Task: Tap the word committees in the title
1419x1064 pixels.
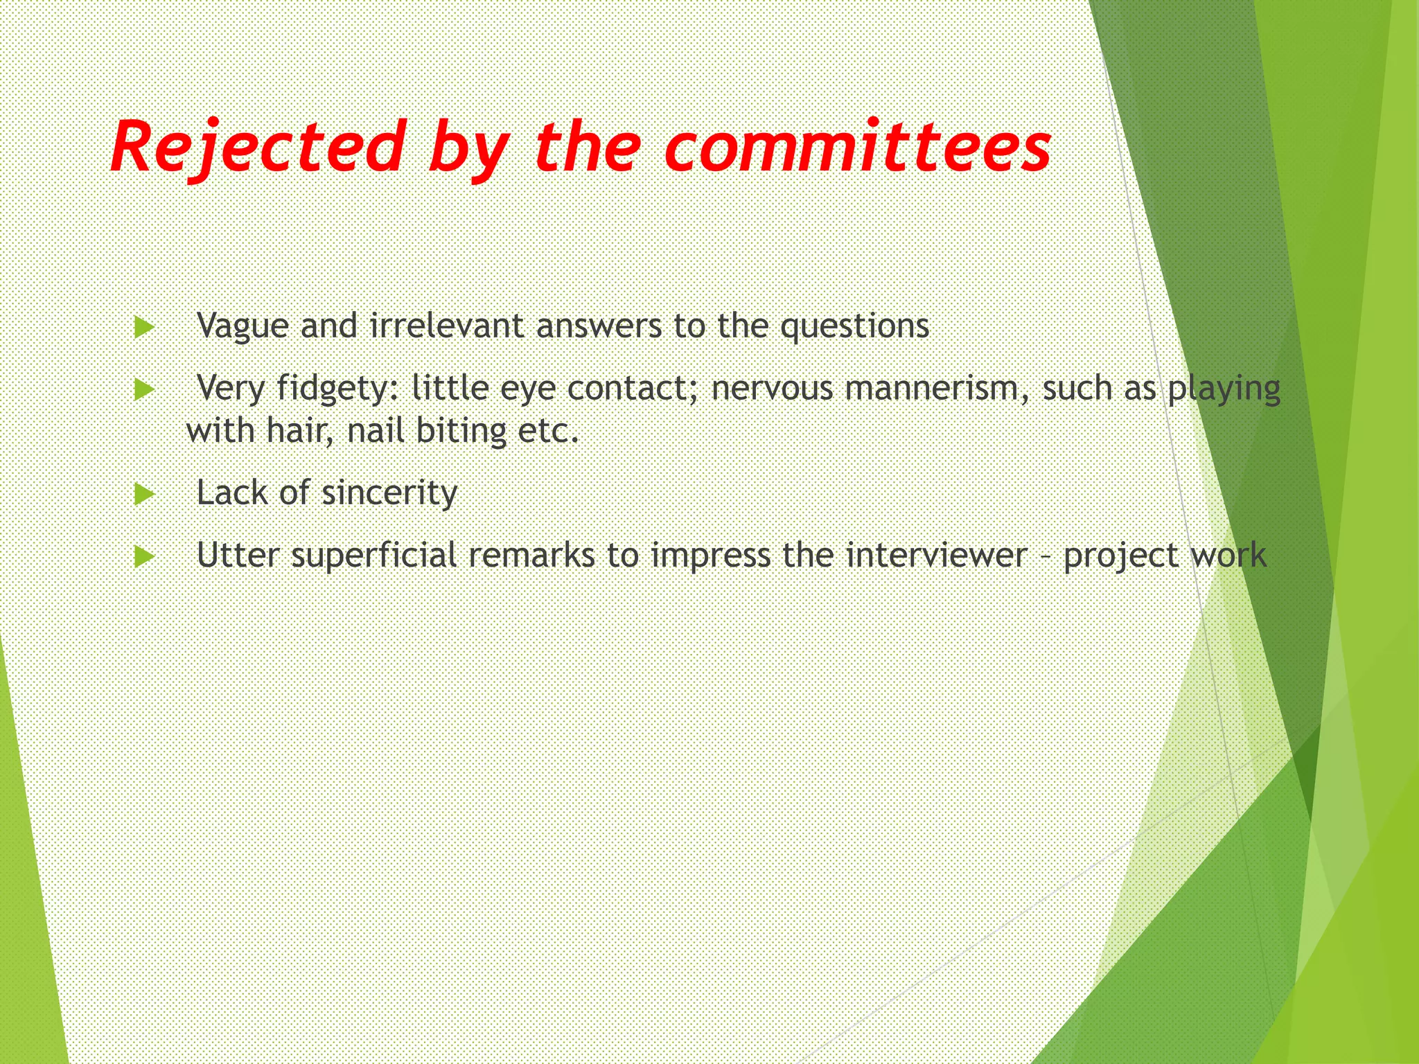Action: [x=858, y=148]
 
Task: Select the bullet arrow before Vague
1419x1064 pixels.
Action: [x=144, y=327]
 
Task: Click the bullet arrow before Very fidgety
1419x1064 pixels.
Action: [x=144, y=389]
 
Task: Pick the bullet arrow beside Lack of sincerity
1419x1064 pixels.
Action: [x=144, y=494]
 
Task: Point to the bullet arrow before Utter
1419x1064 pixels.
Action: [x=144, y=556]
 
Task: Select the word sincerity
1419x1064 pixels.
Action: [x=389, y=493]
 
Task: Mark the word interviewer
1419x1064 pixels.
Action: [x=937, y=555]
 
